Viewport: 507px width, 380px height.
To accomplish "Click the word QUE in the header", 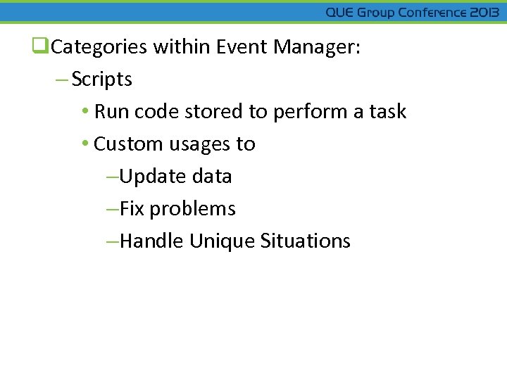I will (340, 13).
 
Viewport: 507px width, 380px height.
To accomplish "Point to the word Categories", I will (99, 47).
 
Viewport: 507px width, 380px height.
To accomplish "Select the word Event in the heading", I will (242, 47).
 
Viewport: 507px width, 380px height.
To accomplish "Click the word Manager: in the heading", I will (317, 47).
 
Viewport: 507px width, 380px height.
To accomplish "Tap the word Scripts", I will (102, 80).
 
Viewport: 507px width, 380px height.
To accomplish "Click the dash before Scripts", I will (62, 80).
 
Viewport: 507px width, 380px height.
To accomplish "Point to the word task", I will (389, 112).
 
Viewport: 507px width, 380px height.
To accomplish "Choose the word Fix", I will (132, 209).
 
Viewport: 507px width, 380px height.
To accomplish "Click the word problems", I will (193, 209).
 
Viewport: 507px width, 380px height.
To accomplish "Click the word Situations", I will (306, 241).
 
